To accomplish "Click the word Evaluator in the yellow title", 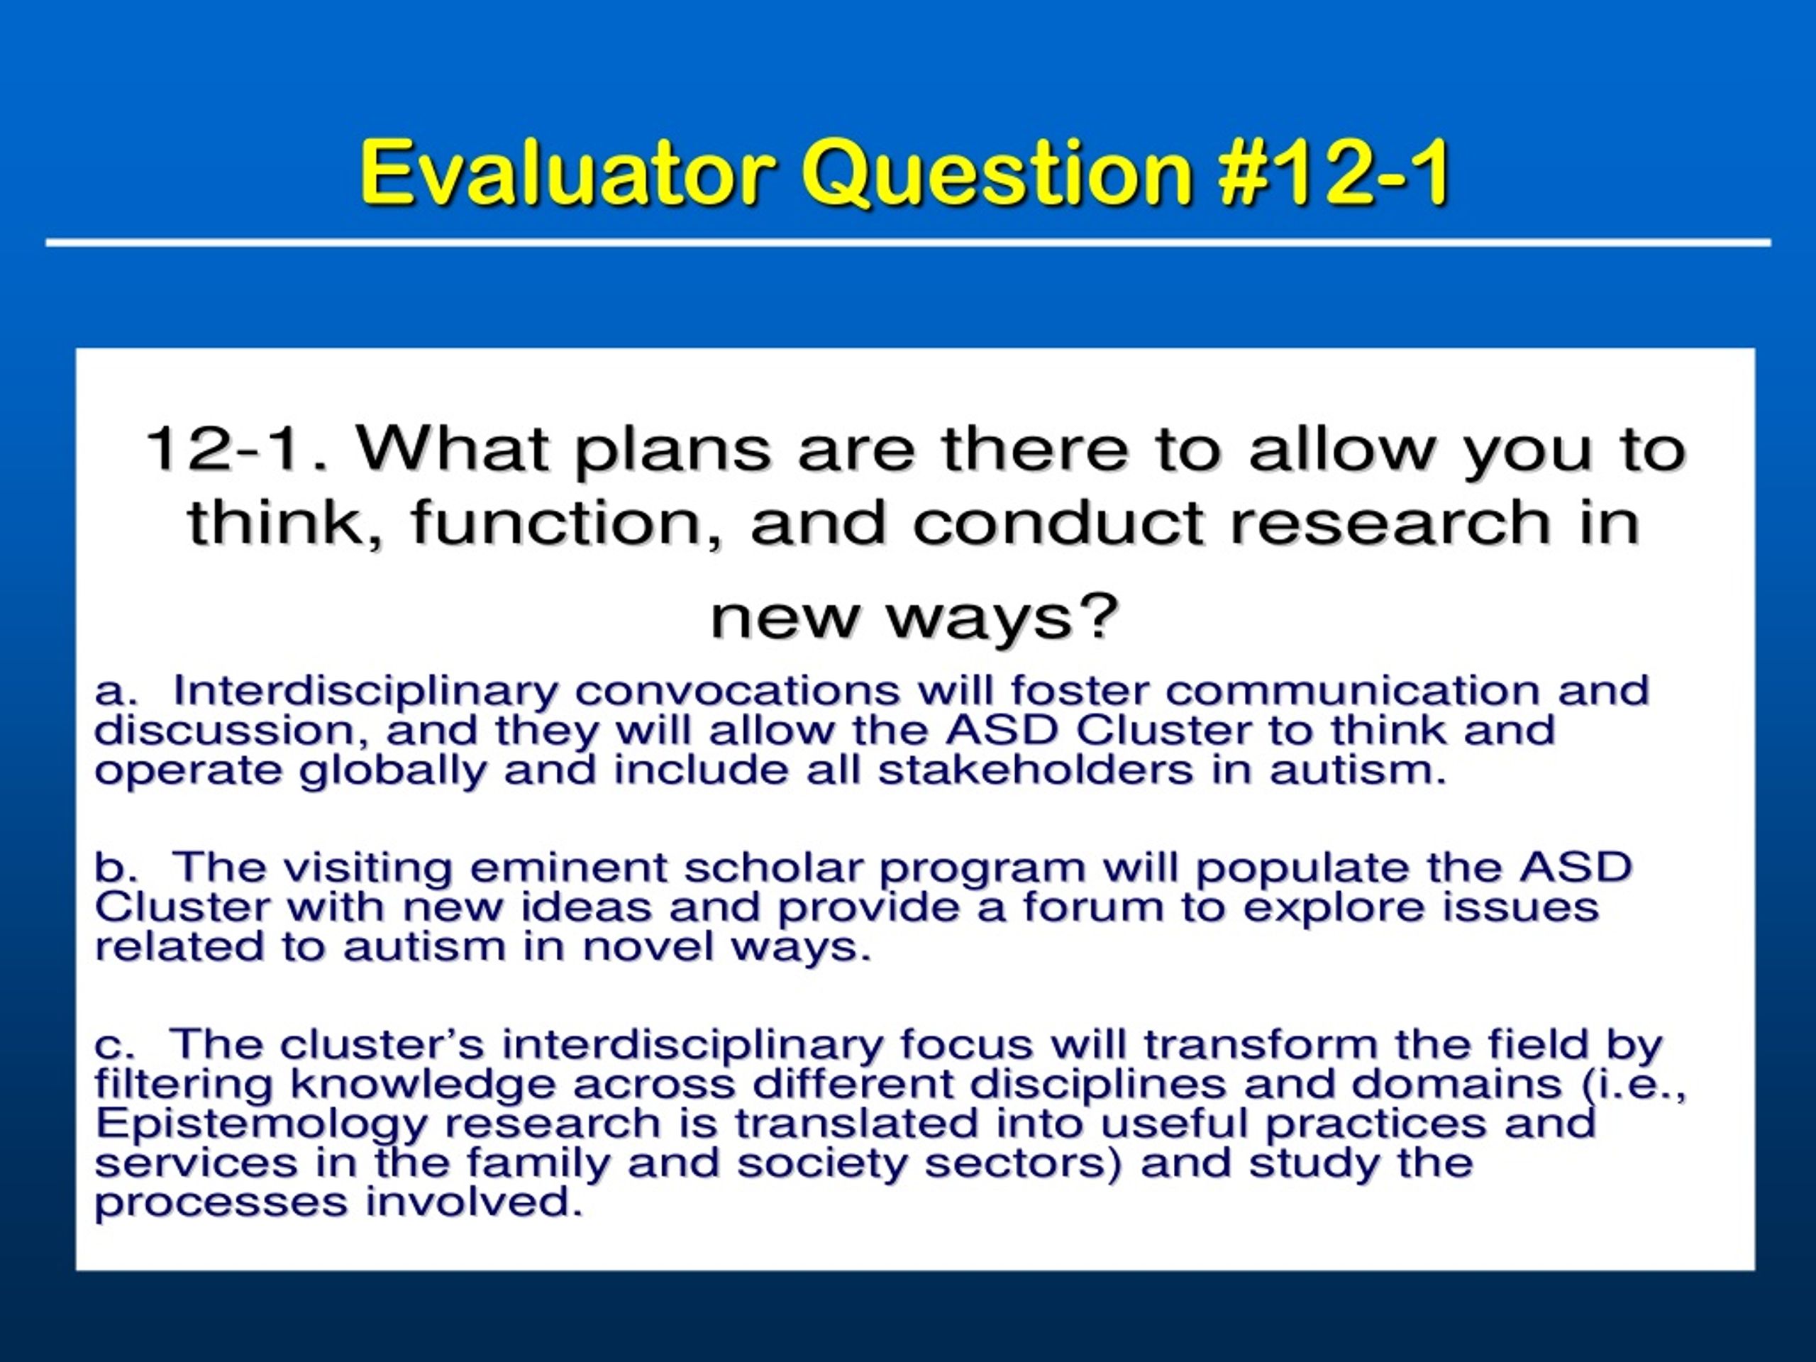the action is (567, 172).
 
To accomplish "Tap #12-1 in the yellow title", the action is (1335, 172).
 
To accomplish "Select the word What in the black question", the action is (453, 449).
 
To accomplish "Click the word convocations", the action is (736, 690).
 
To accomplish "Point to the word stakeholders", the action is (1034, 770).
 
